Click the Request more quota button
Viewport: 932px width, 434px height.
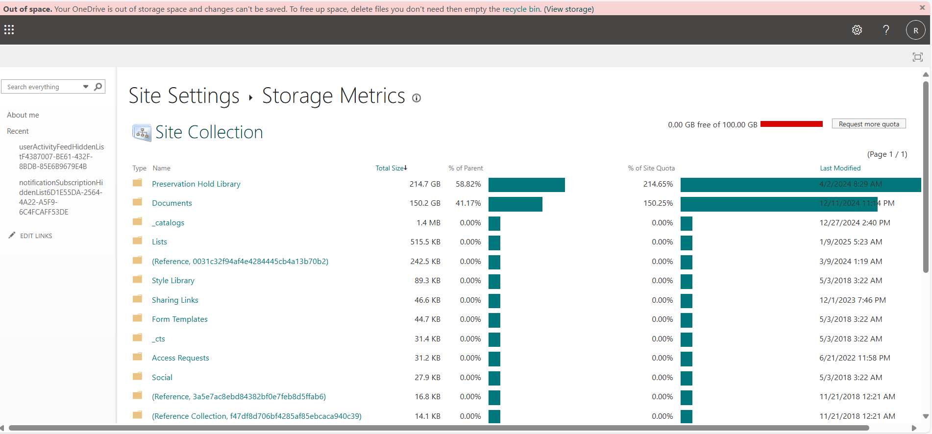(x=868, y=124)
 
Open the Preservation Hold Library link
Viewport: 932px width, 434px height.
(x=196, y=184)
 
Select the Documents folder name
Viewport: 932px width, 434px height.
(x=172, y=203)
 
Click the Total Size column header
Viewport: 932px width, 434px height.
(x=390, y=168)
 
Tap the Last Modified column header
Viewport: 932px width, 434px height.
(x=840, y=168)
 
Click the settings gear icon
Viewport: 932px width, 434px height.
(x=857, y=30)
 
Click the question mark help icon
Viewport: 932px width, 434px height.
(x=886, y=30)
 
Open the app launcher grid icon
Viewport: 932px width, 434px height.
(x=9, y=30)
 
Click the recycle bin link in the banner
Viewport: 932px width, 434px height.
(x=521, y=9)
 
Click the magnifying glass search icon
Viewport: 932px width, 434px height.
(x=98, y=87)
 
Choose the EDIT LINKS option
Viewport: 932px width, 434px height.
(x=36, y=236)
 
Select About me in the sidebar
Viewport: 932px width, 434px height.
(x=23, y=115)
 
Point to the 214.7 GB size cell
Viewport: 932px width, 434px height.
(x=425, y=184)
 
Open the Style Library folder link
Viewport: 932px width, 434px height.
(x=173, y=281)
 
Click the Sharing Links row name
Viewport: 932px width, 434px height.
(x=175, y=300)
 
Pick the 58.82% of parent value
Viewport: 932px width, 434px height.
(x=468, y=184)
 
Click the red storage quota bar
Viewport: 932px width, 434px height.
(x=791, y=124)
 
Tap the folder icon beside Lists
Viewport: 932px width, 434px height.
(x=138, y=241)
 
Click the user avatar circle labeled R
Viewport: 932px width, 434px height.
(x=915, y=30)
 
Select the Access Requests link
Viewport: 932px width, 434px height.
(x=180, y=358)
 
